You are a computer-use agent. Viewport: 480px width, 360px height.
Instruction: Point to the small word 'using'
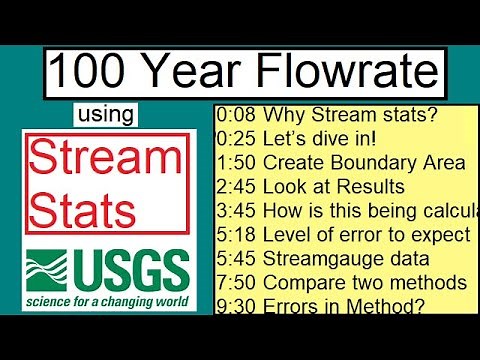(105, 114)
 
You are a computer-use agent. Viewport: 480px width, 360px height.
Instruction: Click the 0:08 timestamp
(236, 115)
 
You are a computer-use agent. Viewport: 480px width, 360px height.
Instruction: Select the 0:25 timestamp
(236, 138)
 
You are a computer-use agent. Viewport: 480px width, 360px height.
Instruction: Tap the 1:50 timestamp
(236, 162)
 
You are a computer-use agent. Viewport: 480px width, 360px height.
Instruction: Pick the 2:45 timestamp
(236, 186)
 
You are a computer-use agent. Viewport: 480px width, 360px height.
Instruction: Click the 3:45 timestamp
(236, 210)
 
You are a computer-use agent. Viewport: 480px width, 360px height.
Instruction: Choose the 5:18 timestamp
(236, 234)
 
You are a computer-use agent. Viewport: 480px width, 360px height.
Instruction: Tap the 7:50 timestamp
(236, 281)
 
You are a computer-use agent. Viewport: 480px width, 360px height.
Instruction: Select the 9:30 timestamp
(236, 304)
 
